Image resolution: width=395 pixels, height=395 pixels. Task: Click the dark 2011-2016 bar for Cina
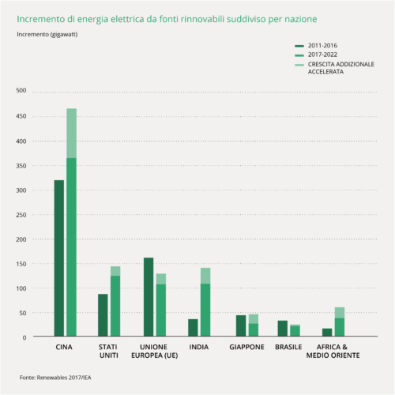coord(59,258)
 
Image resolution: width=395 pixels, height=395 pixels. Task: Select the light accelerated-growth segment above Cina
coord(72,133)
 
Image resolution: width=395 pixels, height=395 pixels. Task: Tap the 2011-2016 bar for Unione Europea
coord(149,297)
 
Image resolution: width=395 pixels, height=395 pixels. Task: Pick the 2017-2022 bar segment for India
coord(205,310)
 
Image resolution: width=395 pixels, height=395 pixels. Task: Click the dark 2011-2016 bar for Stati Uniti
coord(103,315)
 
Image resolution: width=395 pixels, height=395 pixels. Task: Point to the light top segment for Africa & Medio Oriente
coord(340,313)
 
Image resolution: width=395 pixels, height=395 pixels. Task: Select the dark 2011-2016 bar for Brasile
coord(283,328)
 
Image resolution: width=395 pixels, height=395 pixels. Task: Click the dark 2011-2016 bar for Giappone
coord(241,325)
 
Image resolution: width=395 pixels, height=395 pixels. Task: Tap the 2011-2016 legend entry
coord(316,46)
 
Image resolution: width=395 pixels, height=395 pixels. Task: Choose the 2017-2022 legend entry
coord(316,55)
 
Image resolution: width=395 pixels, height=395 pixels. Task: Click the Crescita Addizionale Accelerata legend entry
coord(334,68)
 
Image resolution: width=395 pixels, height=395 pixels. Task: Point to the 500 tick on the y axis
coord(21,90)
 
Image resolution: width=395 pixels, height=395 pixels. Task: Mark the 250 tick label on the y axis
coord(21,215)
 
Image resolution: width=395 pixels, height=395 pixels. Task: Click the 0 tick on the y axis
coord(24,337)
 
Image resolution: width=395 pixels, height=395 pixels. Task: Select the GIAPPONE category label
coord(246,347)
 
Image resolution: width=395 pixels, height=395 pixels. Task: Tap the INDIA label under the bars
coord(199,347)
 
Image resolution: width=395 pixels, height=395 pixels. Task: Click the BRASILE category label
coord(288,347)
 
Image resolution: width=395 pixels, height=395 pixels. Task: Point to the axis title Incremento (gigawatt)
coord(47,35)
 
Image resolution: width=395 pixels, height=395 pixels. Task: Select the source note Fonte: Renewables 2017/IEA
coord(55,378)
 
